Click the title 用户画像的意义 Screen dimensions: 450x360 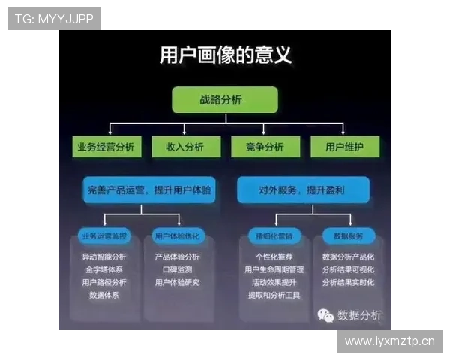(x=225, y=55)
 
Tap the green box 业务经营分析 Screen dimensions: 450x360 (x=106, y=147)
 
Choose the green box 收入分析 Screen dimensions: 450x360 (x=184, y=147)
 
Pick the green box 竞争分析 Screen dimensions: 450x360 (x=264, y=147)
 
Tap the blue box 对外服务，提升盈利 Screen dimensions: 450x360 (x=302, y=190)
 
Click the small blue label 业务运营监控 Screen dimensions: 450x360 (x=105, y=236)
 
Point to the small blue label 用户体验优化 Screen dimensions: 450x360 (x=177, y=236)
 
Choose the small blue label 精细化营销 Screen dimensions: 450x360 (x=274, y=236)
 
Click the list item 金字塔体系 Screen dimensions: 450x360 (x=104, y=269)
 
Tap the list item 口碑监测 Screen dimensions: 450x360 (x=177, y=269)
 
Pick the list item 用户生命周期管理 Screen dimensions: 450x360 (x=274, y=269)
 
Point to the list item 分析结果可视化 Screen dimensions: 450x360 (x=347, y=269)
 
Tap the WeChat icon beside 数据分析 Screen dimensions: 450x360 (x=325, y=315)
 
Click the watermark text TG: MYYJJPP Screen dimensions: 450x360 (x=54, y=19)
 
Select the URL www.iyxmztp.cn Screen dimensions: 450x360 (x=389, y=342)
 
